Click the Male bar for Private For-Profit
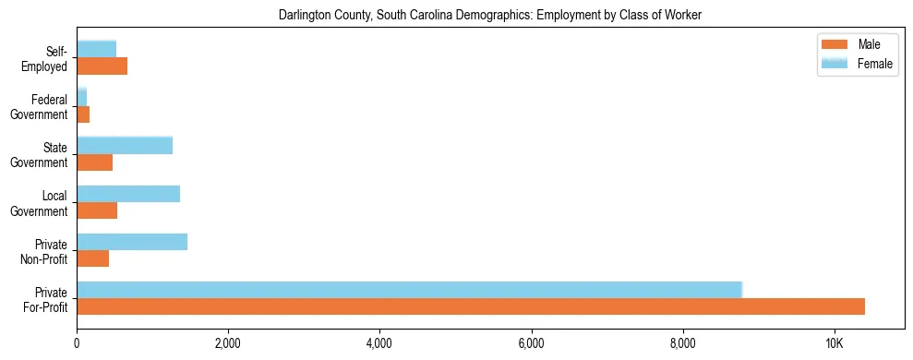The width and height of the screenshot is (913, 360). (x=471, y=306)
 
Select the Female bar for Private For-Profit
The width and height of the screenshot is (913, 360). (x=409, y=290)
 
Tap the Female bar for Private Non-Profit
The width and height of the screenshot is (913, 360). (x=132, y=242)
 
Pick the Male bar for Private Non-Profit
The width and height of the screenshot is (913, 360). (x=93, y=258)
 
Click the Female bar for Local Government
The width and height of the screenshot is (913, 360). (x=128, y=194)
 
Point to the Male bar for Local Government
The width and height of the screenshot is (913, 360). (x=97, y=210)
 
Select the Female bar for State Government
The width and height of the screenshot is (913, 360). (x=125, y=146)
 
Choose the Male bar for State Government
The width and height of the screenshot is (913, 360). (x=95, y=162)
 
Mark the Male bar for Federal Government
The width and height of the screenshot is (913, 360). (x=83, y=114)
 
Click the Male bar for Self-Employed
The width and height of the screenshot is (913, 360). (x=102, y=66)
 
